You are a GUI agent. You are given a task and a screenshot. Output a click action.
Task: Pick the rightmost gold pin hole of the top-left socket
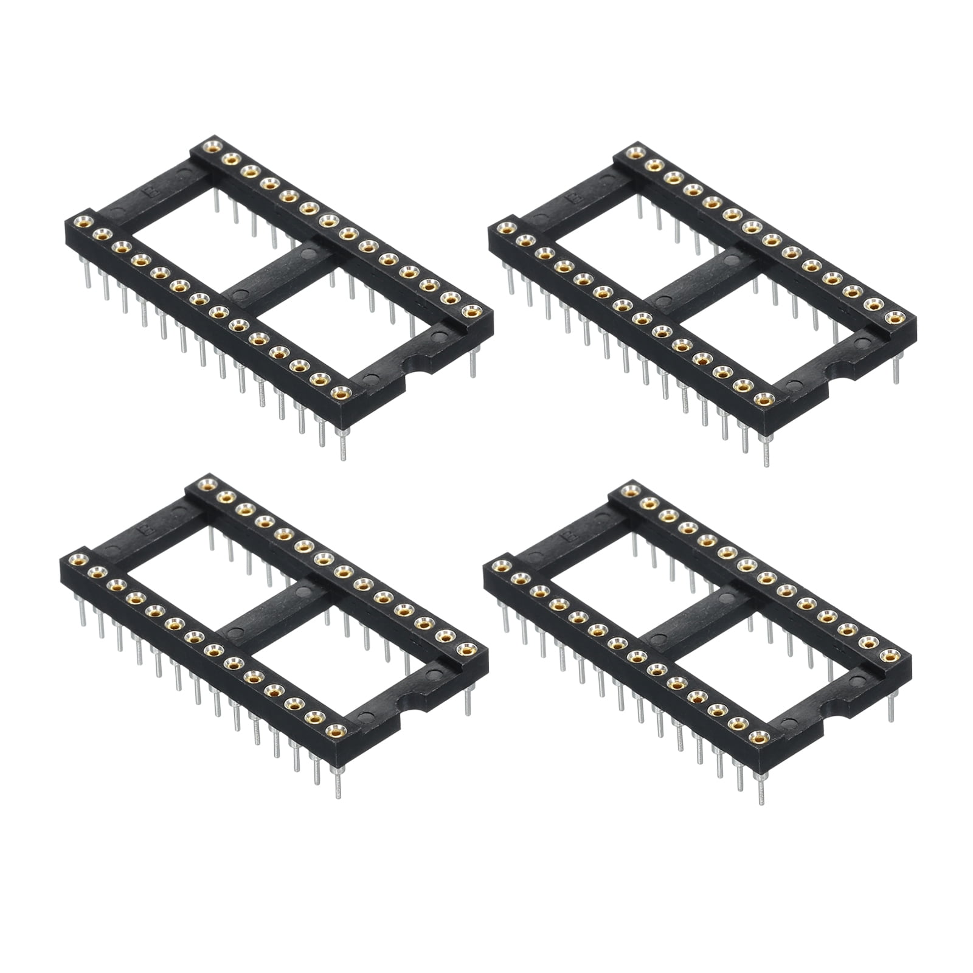470,313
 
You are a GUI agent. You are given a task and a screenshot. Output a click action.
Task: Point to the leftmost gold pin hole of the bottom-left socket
76,558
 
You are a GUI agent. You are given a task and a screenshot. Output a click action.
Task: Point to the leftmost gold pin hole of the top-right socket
504,228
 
